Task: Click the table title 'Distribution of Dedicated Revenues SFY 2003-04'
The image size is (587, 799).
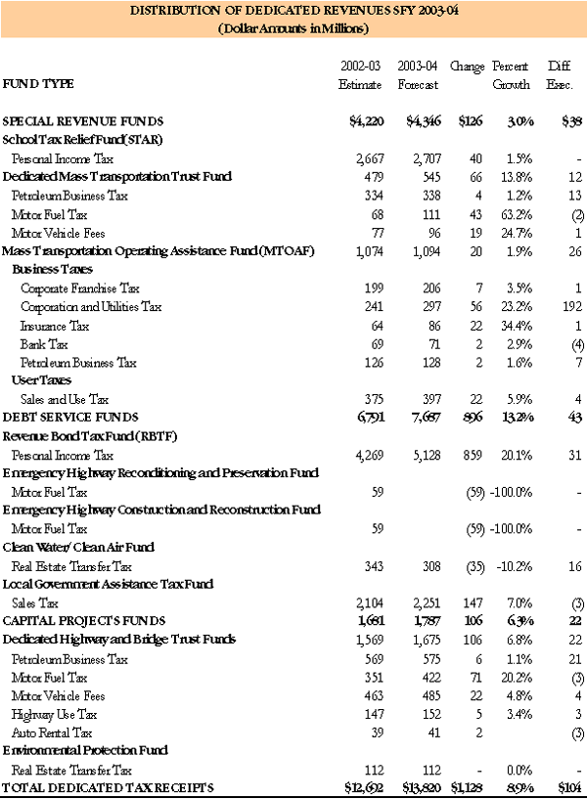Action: [x=293, y=11]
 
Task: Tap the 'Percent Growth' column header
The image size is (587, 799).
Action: [x=511, y=75]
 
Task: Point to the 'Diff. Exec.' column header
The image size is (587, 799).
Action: [x=561, y=75]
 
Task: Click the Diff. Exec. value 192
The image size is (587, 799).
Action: [x=570, y=307]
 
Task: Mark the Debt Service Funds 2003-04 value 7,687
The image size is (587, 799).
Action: [x=417, y=418]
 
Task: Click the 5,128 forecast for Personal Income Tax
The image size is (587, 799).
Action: [x=417, y=455]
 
